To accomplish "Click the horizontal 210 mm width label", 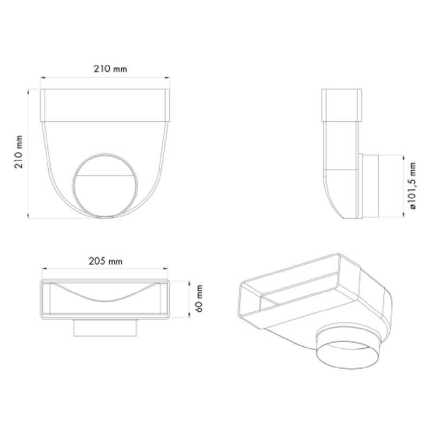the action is click(x=110, y=69).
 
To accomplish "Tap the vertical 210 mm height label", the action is click(x=19, y=152).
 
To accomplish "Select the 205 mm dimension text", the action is click(x=106, y=261).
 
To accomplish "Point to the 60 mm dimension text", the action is click(x=199, y=299).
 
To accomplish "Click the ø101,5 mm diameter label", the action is click(x=413, y=186).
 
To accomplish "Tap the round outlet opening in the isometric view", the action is click(x=347, y=355).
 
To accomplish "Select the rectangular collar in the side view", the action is click(x=342, y=105).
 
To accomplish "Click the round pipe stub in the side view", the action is click(x=370, y=186).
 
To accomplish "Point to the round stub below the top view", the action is click(x=105, y=328).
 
